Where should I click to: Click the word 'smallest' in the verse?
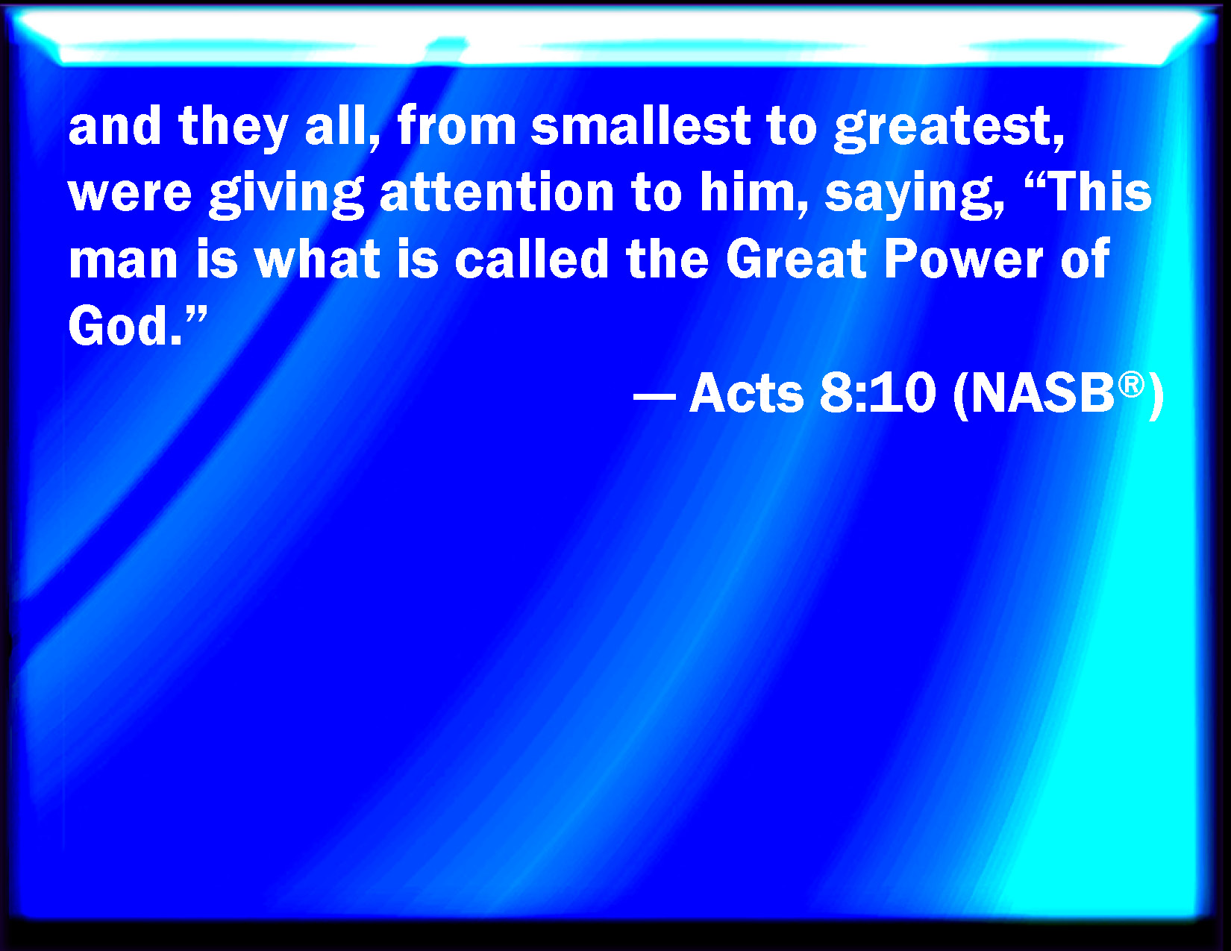641,126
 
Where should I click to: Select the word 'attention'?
497,193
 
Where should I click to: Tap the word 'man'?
124,260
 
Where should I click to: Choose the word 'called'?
531,258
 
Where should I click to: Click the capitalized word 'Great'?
796,258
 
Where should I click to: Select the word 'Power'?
963,258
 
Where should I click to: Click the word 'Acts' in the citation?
746,392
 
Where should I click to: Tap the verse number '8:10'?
877,392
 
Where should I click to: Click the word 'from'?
457,126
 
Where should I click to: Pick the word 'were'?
131,195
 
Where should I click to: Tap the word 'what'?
317,258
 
